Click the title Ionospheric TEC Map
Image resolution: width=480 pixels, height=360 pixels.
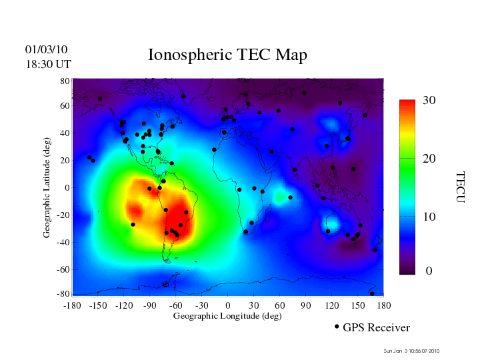click(227, 55)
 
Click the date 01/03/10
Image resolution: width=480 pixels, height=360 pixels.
click(46, 49)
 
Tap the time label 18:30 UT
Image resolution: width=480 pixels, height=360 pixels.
click(48, 64)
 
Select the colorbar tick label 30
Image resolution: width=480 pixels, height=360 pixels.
click(429, 101)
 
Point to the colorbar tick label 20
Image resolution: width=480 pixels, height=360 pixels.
click(429, 159)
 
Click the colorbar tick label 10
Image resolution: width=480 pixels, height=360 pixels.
click(429, 217)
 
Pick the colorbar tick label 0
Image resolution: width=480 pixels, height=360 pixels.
click(429, 271)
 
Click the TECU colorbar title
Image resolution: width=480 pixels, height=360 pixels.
click(461, 187)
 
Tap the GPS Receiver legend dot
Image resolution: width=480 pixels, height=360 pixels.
click(337, 327)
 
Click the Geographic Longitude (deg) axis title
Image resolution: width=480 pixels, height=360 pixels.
click(227, 316)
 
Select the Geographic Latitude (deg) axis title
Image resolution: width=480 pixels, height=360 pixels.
click(47, 192)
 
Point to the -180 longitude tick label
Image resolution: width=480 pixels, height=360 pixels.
click(71, 305)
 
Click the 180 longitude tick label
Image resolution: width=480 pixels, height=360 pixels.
click(383, 305)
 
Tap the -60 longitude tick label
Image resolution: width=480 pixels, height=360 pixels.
click(175, 305)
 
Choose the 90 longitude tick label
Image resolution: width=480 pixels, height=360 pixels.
click(305, 305)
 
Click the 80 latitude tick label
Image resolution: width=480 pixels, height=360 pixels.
click(65, 81)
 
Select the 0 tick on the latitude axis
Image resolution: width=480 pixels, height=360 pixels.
click(67, 188)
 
